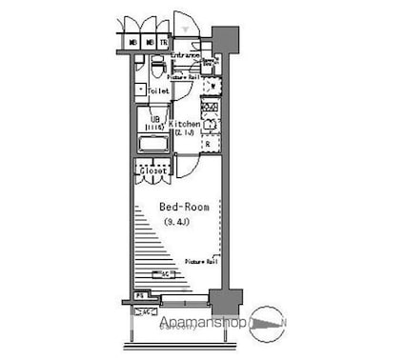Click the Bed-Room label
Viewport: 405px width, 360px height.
(x=178, y=207)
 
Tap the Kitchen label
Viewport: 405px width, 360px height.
(x=184, y=125)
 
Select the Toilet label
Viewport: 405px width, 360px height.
(x=158, y=90)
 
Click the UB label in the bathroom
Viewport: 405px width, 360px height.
(x=153, y=117)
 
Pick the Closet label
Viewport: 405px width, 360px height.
(x=152, y=172)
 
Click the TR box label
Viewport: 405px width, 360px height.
(x=163, y=43)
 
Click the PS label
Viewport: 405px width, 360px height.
(x=139, y=298)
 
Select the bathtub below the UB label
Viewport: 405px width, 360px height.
(x=153, y=144)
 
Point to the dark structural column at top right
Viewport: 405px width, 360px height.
(x=224, y=41)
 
